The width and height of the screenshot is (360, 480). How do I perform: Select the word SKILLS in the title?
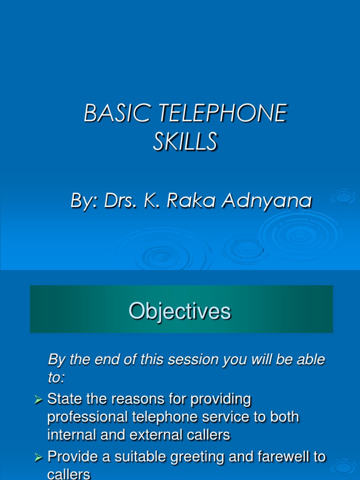pyautogui.click(x=185, y=141)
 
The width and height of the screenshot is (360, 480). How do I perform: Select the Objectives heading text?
pyautogui.click(x=180, y=311)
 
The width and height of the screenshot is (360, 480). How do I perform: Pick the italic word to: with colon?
pyautogui.click(x=57, y=378)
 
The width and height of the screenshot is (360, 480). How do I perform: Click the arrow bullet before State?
pyautogui.click(x=39, y=400)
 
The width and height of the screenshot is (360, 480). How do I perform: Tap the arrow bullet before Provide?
pyautogui.click(x=39, y=457)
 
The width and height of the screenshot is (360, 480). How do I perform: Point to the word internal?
pyautogui.click(x=69, y=435)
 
